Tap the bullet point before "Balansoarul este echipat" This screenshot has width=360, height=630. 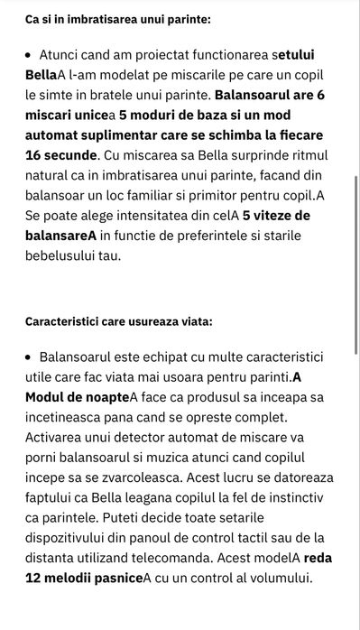30,357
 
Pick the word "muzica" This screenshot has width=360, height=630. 204,457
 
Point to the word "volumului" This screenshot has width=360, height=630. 280,577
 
